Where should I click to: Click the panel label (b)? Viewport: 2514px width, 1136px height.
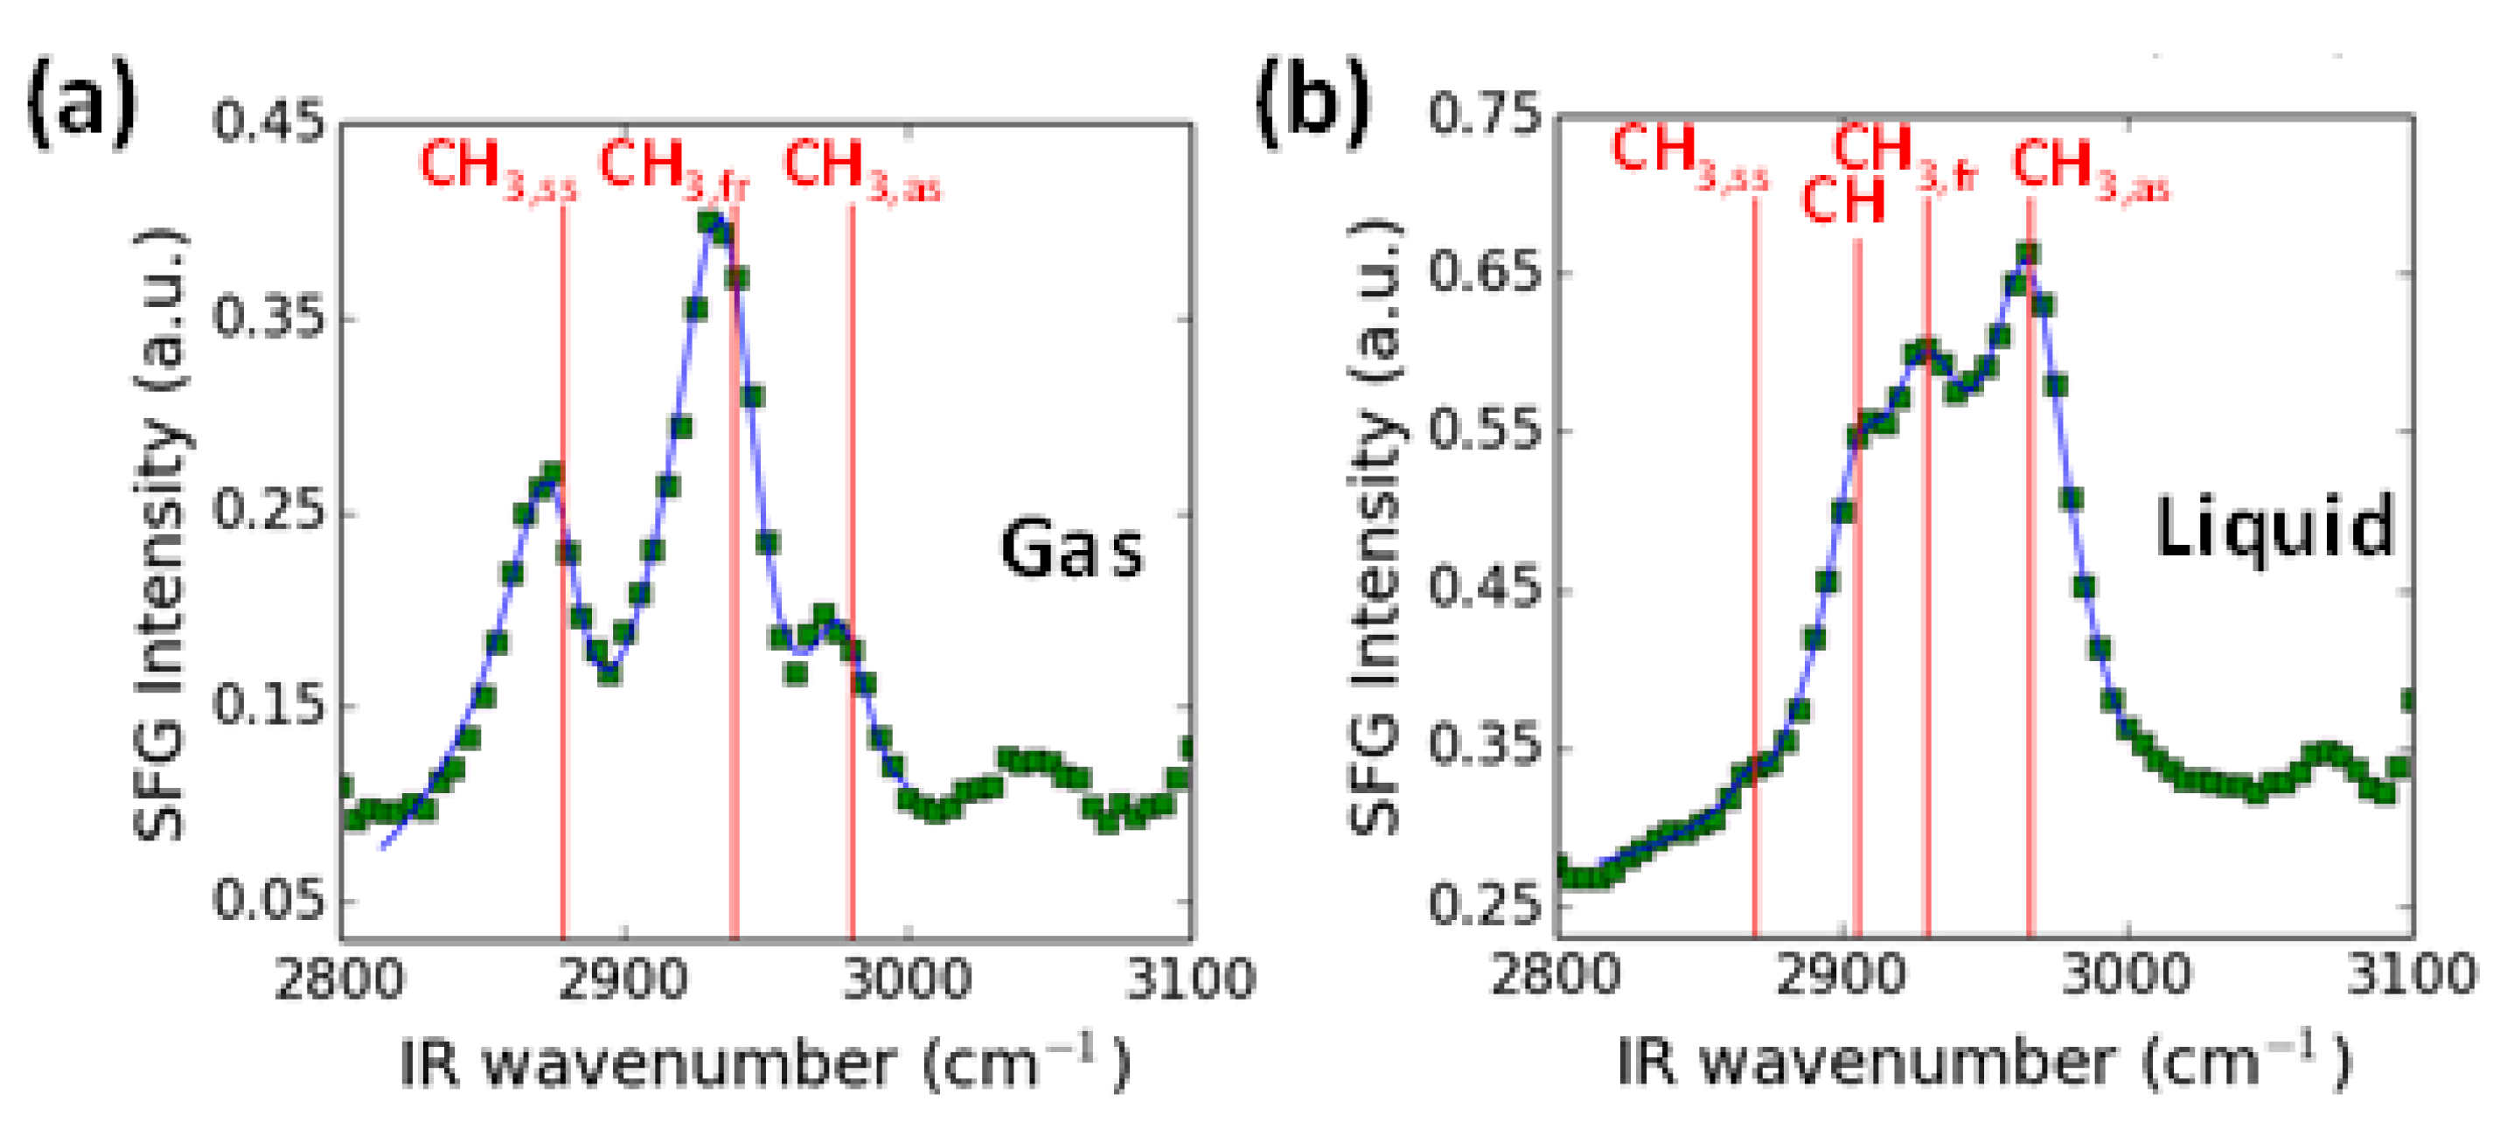1312,102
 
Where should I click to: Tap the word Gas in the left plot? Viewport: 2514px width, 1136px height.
1071,549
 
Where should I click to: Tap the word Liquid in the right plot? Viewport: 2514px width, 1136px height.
2274,528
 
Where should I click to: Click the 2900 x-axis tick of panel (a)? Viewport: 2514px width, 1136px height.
623,979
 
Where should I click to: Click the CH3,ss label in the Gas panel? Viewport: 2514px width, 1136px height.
498,168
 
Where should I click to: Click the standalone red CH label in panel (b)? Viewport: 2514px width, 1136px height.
1842,202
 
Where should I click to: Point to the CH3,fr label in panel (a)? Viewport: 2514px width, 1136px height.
673,168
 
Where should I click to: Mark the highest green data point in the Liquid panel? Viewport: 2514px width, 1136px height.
2028,254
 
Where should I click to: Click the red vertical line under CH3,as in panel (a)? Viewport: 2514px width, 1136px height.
852,586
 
